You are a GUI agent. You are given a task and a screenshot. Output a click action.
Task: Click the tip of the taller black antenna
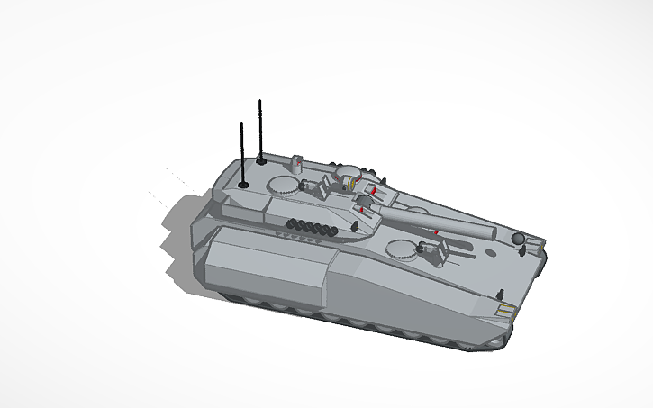(260, 101)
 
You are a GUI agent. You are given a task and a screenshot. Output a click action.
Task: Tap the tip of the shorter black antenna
(242, 123)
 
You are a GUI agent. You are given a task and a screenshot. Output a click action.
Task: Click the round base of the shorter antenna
(243, 185)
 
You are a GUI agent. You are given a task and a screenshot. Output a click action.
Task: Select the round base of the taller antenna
(261, 162)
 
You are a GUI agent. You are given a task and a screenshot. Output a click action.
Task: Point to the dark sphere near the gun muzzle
(517, 238)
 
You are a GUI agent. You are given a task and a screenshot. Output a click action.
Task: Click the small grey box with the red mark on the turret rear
(296, 163)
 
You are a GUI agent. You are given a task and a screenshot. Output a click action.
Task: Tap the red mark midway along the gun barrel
(437, 231)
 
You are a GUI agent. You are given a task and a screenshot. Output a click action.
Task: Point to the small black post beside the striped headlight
(500, 294)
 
